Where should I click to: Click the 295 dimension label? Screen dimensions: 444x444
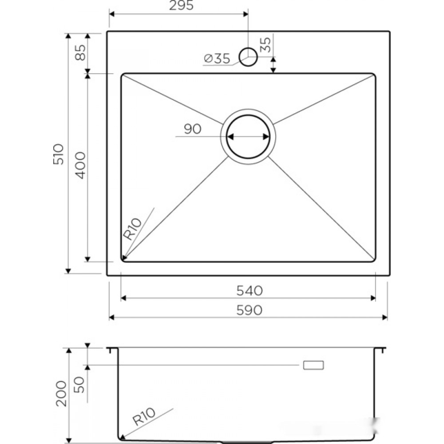(x=181, y=5)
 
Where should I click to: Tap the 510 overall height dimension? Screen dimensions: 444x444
(x=59, y=155)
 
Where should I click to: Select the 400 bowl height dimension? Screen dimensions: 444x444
(x=80, y=165)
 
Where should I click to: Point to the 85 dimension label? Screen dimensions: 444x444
(x=80, y=53)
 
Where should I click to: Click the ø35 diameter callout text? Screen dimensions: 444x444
(x=217, y=58)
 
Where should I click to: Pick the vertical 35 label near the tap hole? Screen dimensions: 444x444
(x=266, y=45)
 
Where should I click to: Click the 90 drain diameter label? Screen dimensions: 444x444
(x=193, y=129)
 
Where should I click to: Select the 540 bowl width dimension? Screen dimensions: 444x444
(x=250, y=290)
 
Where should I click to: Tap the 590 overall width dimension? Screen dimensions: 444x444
(x=250, y=310)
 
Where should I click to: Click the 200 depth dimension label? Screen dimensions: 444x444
(x=61, y=393)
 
